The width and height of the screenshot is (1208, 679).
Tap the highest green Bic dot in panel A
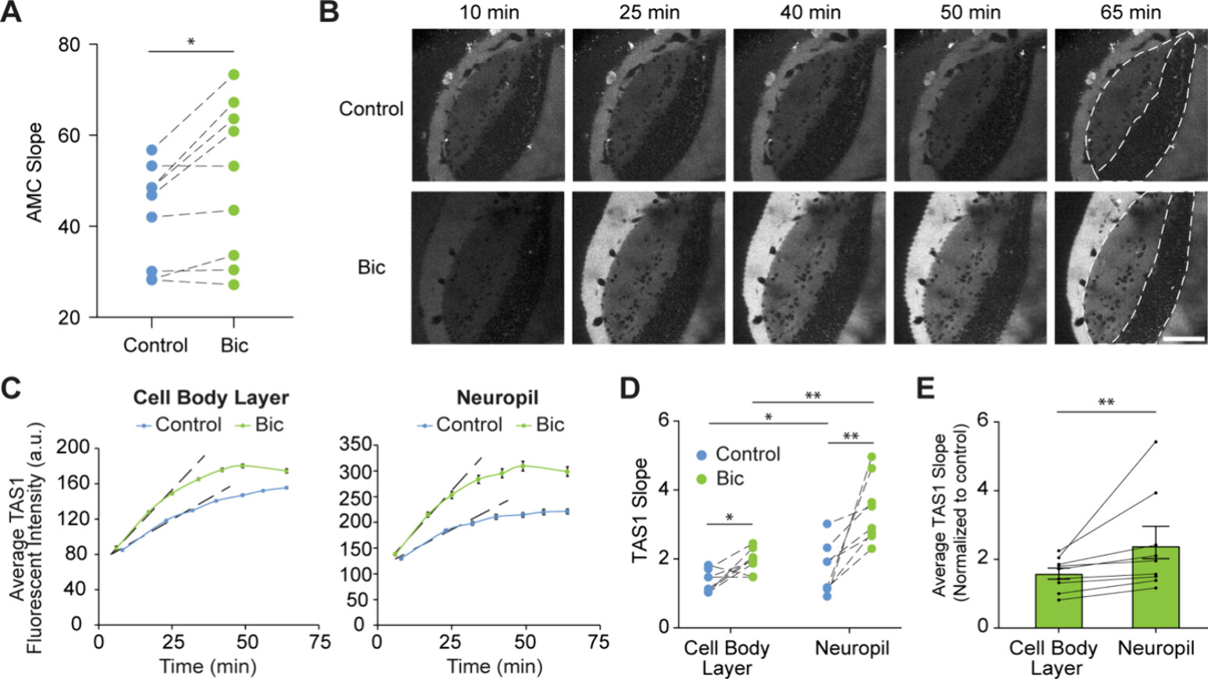tap(233, 75)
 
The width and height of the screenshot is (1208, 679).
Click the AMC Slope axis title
tap(35, 172)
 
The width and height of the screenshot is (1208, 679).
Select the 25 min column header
tap(649, 12)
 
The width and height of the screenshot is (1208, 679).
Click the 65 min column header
tap(1131, 12)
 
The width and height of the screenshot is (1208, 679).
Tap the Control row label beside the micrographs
tap(371, 108)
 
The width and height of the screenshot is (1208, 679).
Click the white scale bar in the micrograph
tap(1184, 339)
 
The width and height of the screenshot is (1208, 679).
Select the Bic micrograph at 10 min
tap(488, 268)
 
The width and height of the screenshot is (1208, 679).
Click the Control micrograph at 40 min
tap(810, 105)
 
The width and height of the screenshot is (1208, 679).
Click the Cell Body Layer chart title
tap(211, 397)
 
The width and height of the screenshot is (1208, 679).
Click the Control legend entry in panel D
tap(737, 454)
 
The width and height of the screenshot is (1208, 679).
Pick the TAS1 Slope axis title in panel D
tap(641, 510)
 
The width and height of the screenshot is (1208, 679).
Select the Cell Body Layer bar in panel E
tap(1058, 600)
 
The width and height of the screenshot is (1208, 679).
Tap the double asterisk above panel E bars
tap(1106, 403)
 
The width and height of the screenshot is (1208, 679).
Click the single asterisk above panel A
tap(191, 42)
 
